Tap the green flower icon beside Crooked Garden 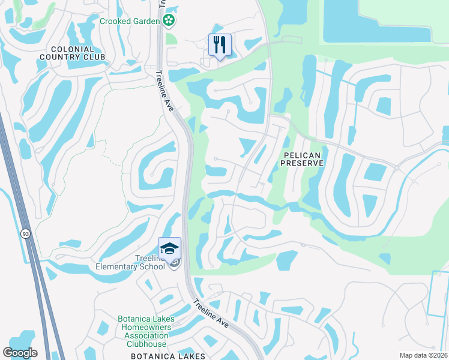coord(170,22)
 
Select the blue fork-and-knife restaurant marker coord(220,44)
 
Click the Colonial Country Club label coord(73,53)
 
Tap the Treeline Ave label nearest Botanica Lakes coord(211,313)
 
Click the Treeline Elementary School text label coord(130,262)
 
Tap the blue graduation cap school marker coord(169,248)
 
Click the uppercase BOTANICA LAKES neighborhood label coord(168,356)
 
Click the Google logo coord(20,353)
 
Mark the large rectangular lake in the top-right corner coord(376,19)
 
